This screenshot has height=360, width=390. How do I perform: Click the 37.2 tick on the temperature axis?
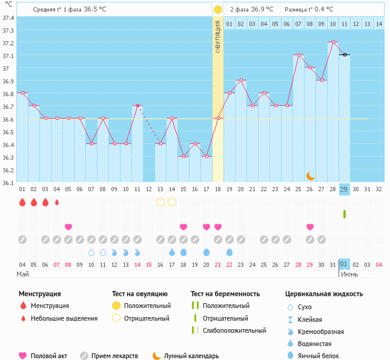(7, 43)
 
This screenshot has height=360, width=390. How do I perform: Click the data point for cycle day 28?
(332, 42)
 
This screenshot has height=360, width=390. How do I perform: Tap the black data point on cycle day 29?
(344, 55)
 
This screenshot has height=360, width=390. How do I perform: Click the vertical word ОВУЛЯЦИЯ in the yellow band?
(218, 36)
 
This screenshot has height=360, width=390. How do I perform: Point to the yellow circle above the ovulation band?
(218, 10)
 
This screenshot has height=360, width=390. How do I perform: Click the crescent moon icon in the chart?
(310, 175)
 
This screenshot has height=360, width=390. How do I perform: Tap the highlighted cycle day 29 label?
(344, 189)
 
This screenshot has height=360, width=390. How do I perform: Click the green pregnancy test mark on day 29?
(344, 214)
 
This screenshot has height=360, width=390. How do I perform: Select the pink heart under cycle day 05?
(68, 227)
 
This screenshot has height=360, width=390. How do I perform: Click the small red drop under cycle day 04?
(57, 202)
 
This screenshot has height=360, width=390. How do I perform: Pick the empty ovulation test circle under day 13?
(160, 202)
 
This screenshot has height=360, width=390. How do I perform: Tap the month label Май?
(22, 274)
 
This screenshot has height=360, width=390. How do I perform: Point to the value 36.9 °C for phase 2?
(262, 9)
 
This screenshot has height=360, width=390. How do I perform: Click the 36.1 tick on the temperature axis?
(7, 183)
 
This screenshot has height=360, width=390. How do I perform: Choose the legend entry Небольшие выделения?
(64, 318)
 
